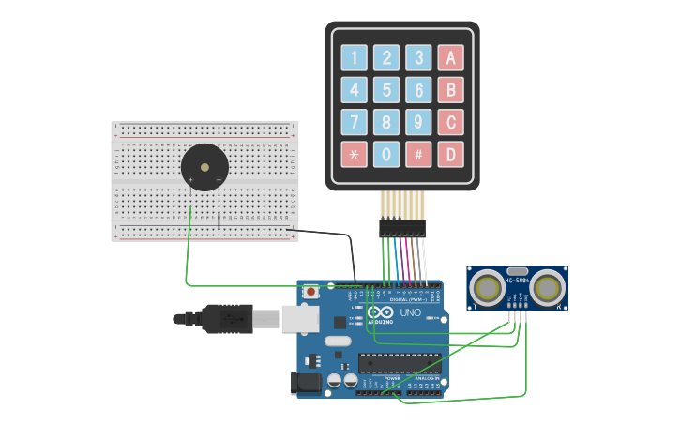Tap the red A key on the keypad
(x=450, y=58)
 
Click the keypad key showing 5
(x=386, y=90)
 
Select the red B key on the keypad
(x=450, y=90)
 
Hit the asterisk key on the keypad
(x=354, y=154)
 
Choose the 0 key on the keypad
(x=386, y=154)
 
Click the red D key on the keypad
(x=450, y=154)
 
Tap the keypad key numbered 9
(x=418, y=122)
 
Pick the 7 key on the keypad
(x=354, y=122)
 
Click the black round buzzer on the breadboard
(x=204, y=167)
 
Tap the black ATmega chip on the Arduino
(x=399, y=363)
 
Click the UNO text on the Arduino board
(x=411, y=312)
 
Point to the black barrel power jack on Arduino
(x=308, y=383)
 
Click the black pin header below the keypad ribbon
(x=402, y=228)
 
